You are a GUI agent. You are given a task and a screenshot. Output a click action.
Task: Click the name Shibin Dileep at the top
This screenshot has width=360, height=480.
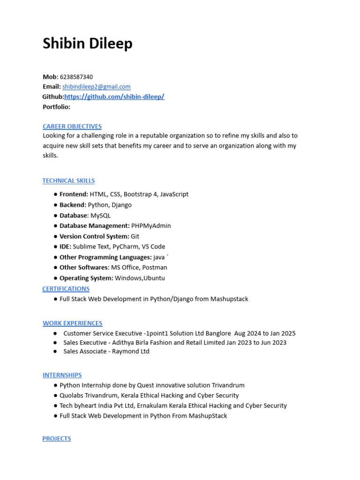click(x=88, y=44)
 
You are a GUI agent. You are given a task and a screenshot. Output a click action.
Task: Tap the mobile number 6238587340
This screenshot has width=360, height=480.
click(x=76, y=77)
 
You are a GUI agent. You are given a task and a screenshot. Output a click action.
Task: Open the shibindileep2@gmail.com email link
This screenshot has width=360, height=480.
click(x=97, y=87)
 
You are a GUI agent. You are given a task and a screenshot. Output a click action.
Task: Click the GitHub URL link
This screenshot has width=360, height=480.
click(x=114, y=97)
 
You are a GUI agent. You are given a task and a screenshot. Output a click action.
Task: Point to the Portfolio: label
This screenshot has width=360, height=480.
click(x=56, y=107)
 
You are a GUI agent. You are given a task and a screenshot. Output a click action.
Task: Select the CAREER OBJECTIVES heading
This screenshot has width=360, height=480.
click(x=72, y=127)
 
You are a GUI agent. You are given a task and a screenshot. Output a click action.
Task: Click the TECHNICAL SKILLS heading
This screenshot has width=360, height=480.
click(x=68, y=181)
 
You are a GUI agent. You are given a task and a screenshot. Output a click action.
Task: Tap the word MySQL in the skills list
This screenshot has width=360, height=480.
click(x=100, y=216)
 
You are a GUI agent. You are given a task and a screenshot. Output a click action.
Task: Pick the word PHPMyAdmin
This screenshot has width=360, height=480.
click(x=151, y=226)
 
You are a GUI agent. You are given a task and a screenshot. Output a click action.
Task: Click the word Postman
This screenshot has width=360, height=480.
click(x=155, y=268)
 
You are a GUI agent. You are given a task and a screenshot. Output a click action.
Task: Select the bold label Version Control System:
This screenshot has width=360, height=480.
click(x=94, y=236)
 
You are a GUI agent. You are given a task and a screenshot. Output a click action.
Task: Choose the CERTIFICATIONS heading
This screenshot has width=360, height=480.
click(x=66, y=289)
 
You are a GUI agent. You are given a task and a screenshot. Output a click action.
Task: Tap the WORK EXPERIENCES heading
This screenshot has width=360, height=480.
click(x=73, y=323)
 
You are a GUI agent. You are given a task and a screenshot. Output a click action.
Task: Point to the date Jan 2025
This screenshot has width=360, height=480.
click(x=283, y=334)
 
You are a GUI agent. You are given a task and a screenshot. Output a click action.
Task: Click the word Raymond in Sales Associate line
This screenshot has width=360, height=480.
click(x=123, y=352)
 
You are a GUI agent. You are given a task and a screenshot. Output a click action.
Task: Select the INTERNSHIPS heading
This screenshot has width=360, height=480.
click(x=62, y=375)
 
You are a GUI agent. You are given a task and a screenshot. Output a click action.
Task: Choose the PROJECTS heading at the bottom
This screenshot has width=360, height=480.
click(x=57, y=439)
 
